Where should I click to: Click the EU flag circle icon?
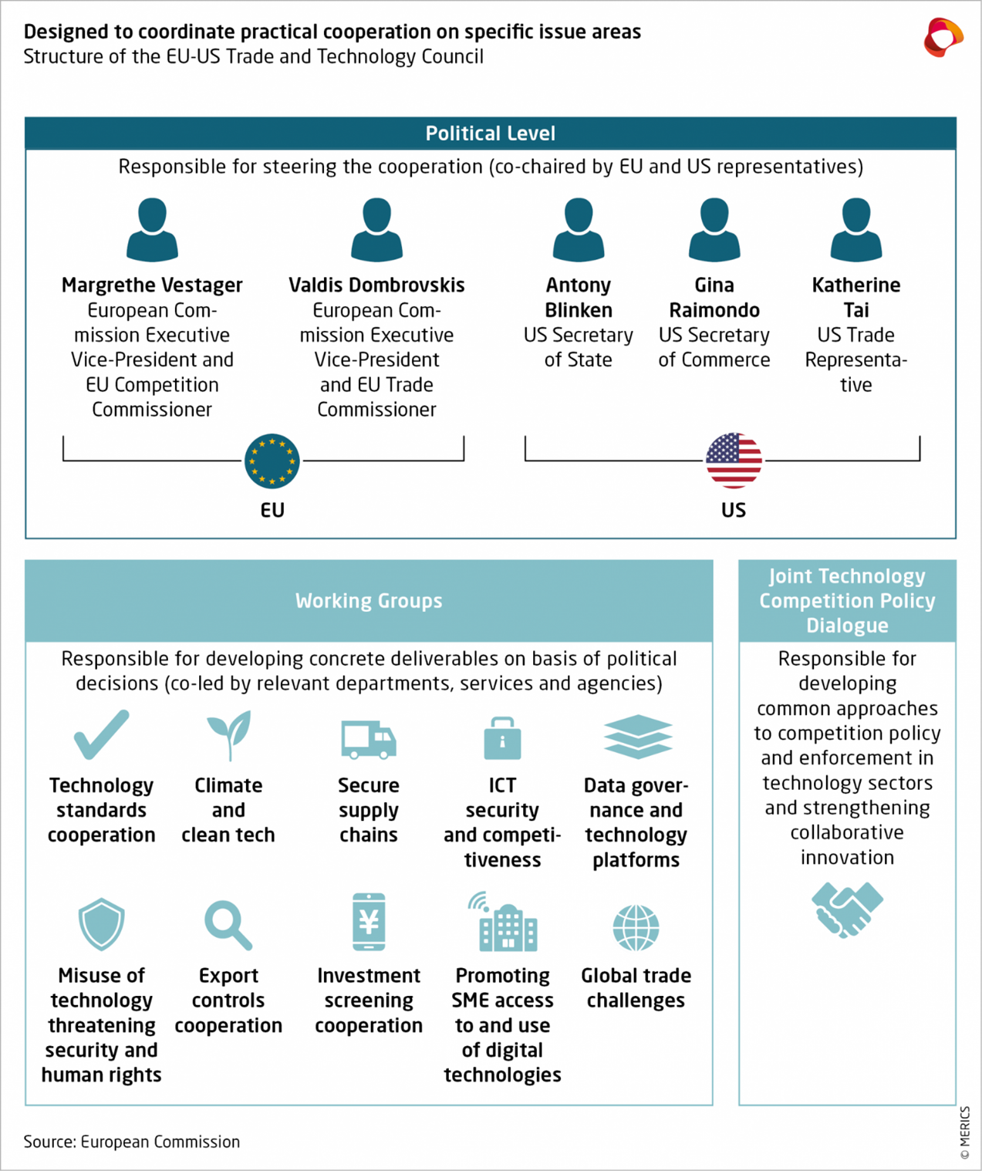point(272,461)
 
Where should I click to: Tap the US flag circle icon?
point(734,461)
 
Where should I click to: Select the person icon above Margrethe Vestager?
point(152,229)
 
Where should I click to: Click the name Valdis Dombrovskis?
point(376,285)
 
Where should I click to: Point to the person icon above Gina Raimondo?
point(714,229)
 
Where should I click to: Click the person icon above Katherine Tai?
point(856,229)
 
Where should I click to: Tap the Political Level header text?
point(491,133)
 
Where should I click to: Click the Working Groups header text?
point(369,601)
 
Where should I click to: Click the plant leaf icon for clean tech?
point(229,734)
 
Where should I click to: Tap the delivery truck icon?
point(369,739)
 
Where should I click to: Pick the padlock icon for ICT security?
point(502,738)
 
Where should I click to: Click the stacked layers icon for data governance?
point(637,737)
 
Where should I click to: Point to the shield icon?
point(102,924)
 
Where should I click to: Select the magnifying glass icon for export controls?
point(228,924)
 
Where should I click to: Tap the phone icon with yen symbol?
point(369,922)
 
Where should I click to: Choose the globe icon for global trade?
point(636,928)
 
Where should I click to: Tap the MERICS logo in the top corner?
point(943,37)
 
